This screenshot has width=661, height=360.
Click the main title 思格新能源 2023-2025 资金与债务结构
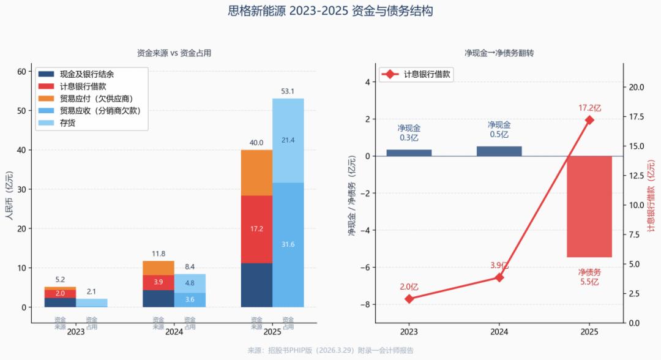(330, 11)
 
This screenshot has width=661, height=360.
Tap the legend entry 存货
(67, 123)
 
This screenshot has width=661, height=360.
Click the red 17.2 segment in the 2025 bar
(256, 229)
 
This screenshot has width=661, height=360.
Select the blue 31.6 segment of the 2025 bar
(288, 244)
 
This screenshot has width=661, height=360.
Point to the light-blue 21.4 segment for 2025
(288, 140)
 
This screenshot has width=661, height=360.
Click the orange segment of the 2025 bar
(256, 173)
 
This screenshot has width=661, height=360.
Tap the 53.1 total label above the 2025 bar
(288, 92)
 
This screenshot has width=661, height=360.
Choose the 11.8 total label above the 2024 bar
(159, 254)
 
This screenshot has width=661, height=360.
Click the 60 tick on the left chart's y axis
(22, 72)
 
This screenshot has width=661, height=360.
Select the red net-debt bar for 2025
(589, 206)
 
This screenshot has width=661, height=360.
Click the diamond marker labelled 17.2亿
(589, 120)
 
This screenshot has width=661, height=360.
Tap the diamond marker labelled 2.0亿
(409, 299)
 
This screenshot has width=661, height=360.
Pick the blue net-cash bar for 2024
(499, 151)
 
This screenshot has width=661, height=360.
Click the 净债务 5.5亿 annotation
(589, 277)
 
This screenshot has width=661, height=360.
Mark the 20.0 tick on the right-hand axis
(638, 87)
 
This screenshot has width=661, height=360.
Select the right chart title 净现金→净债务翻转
(499, 53)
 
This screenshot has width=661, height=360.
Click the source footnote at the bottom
(330, 351)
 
